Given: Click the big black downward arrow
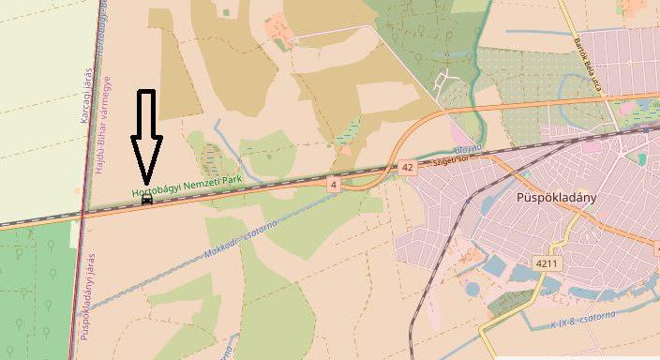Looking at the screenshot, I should pos(146,136).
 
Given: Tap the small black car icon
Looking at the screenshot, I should pos(146,199).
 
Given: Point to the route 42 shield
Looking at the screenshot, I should pos(406,167).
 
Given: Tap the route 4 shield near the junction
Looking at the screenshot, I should pos(333,184).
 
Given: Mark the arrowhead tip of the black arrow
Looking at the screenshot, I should pos(146,182).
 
